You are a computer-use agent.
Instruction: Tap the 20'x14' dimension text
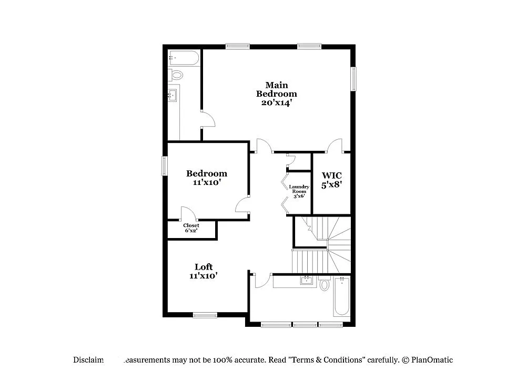pyautogui.click(x=276, y=103)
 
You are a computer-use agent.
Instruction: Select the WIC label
pyautogui.click(x=332, y=175)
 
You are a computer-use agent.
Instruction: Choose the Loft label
pyautogui.click(x=204, y=267)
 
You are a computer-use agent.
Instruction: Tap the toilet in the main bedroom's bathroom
pyautogui.click(x=176, y=75)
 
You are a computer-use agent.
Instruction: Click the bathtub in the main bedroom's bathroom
pyautogui.click(x=184, y=58)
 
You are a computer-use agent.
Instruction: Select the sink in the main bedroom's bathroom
pyautogui.click(x=173, y=96)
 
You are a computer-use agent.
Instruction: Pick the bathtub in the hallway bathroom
pyautogui.click(x=341, y=297)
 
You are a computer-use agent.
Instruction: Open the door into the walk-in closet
pyautogui.click(x=335, y=146)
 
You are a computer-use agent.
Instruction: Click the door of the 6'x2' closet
pyautogui.click(x=188, y=213)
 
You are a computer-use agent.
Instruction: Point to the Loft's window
pyautogui.click(x=205, y=315)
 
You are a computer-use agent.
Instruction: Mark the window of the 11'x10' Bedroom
pyautogui.click(x=164, y=166)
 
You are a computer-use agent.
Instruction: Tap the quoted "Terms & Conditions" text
pyautogui.click(x=329, y=360)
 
